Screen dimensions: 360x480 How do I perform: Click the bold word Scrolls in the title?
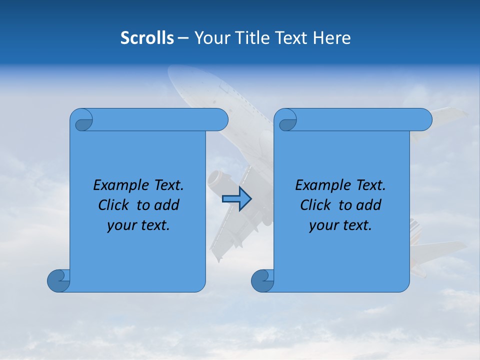click(147, 38)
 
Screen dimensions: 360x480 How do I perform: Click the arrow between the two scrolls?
click(236, 199)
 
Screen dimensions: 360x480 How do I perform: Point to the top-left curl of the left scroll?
click(82, 120)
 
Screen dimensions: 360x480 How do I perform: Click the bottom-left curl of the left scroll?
click(58, 280)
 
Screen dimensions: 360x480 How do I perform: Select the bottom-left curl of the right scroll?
click(262, 280)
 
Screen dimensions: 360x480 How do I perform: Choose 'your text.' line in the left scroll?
click(138, 225)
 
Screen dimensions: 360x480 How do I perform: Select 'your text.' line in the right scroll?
click(340, 225)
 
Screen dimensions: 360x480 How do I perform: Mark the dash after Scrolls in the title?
click(183, 38)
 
